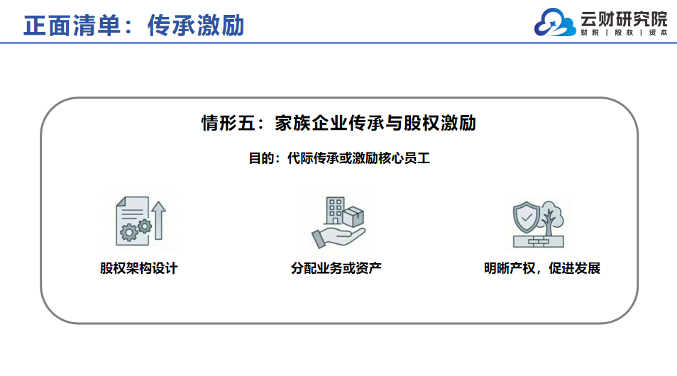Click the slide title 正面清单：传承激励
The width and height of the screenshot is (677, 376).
click(134, 26)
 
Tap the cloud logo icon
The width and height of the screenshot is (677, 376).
click(555, 23)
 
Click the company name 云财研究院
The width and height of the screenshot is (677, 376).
click(624, 19)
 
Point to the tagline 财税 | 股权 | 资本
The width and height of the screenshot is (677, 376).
click(624, 33)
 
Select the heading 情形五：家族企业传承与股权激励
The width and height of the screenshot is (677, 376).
click(339, 123)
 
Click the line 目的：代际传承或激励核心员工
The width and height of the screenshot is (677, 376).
click(339, 158)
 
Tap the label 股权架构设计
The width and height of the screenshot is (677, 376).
click(138, 268)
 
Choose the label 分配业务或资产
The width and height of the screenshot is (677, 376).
click(336, 268)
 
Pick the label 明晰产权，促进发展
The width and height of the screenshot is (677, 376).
click(542, 268)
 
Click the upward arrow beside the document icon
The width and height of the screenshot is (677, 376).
click(158, 220)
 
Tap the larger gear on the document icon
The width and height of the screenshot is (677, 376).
click(128, 233)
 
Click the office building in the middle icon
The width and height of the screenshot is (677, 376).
click(334, 211)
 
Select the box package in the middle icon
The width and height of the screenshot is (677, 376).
click(353, 216)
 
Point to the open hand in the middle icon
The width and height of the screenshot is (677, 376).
click(338, 238)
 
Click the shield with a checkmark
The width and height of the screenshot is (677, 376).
click(527, 217)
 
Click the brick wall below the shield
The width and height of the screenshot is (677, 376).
click(539, 242)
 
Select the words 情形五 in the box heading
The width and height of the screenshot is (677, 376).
click(229, 123)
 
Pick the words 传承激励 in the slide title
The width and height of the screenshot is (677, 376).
click(196, 26)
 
